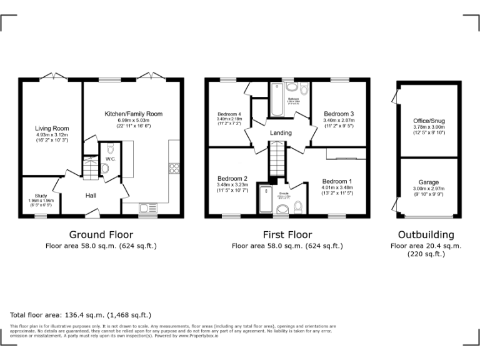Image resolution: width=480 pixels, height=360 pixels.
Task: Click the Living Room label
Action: (x=51, y=128)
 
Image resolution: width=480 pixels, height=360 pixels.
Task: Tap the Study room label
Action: (x=41, y=195)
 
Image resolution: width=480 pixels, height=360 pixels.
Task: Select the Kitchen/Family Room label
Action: (x=133, y=114)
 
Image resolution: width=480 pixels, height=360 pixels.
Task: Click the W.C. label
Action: (x=110, y=159)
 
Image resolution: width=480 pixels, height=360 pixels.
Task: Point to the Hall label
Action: (x=91, y=196)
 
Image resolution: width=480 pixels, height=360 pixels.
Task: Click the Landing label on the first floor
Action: (x=281, y=133)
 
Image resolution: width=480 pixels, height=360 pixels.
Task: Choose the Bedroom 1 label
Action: (x=337, y=181)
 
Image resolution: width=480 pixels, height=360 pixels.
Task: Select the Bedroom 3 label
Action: (x=338, y=114)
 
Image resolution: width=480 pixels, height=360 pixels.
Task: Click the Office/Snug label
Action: (x=428, y=121)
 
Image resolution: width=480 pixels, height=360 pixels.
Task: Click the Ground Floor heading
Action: (x=101, y=235)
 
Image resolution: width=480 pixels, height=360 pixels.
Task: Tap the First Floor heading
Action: (x=287, y=235)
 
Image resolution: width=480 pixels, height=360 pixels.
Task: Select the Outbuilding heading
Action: (x=426, y=235)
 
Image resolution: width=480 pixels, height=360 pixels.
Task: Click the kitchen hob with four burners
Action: (x=175, y=167)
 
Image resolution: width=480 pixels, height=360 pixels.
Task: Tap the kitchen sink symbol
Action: (x=148, y=208)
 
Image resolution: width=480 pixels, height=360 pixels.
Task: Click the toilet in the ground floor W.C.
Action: (x=110, y=149)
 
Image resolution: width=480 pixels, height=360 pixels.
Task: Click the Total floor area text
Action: (x=81, y=314)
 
